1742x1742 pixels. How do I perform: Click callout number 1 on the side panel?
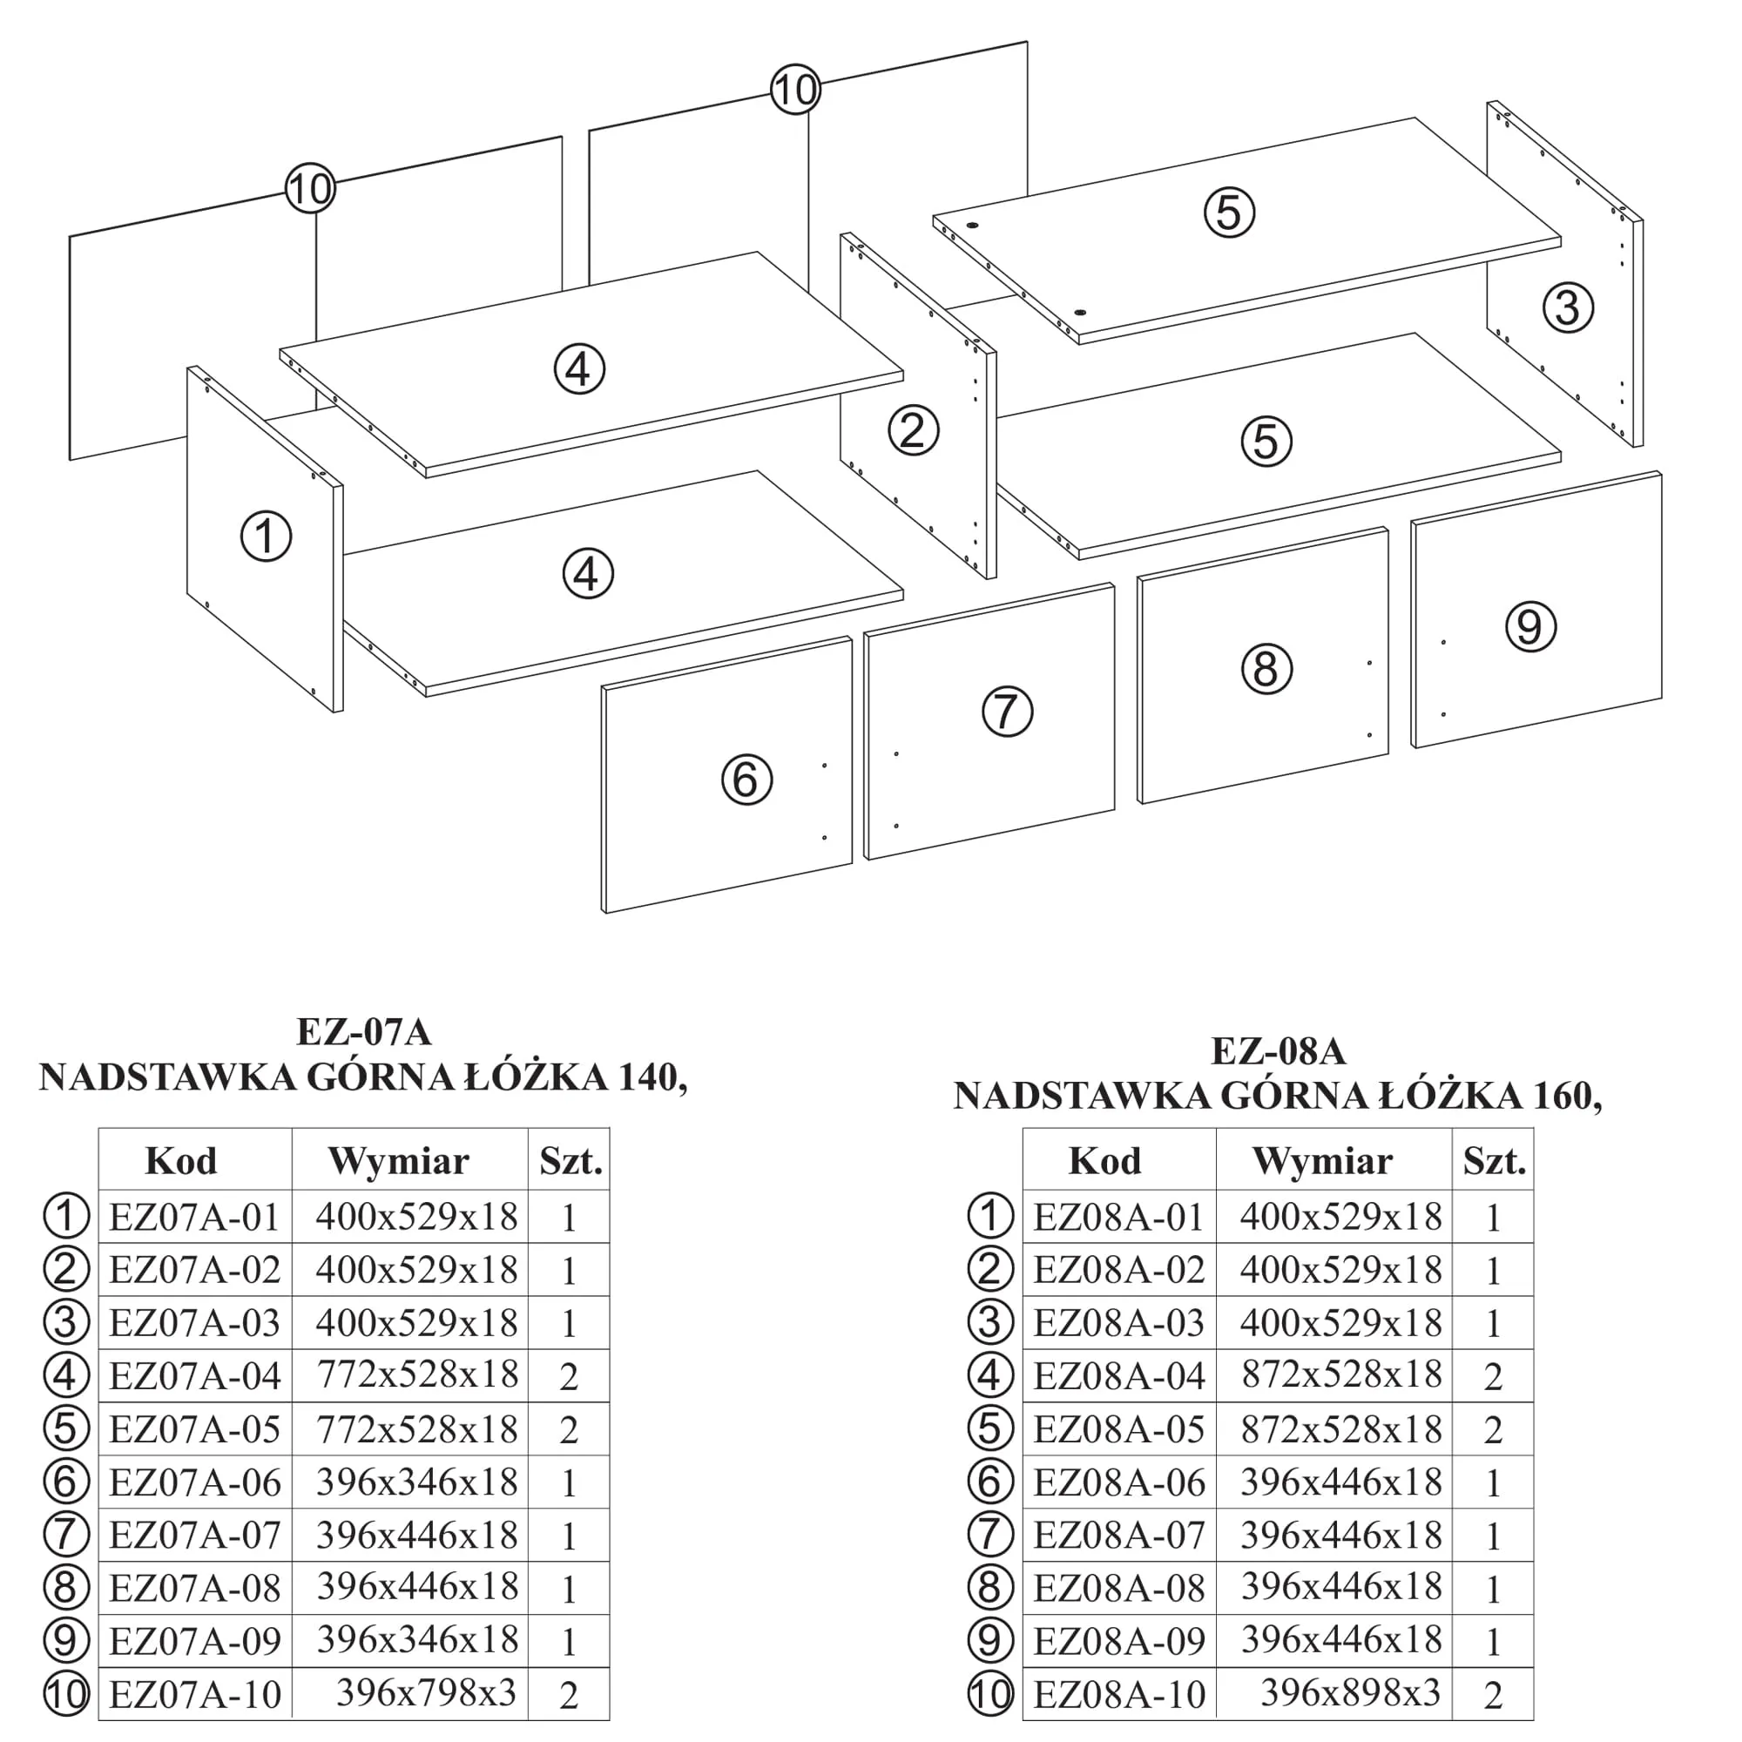(266, 537)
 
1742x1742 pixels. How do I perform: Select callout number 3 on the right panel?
(1568, 307)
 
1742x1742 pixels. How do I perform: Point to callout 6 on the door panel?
(746, 780)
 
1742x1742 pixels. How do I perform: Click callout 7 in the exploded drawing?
(1007, 712)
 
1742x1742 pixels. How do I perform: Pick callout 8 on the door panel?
(1266, 669)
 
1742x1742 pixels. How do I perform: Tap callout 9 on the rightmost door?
(1530, 626)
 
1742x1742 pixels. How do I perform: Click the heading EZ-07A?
(364, 1032)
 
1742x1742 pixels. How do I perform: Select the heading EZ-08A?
(1278, 1051)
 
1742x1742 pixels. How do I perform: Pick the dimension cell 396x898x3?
(1350, 1692)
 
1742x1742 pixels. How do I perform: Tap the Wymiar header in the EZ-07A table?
(399, 1161)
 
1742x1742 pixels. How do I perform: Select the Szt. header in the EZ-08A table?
(1494, 1161)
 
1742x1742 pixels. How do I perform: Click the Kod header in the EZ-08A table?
(1104, 1161)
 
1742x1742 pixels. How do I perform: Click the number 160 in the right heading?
(1567, 1097)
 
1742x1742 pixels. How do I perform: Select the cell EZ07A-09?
(195, 1641)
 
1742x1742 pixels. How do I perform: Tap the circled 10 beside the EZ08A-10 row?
(990, 1694)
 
